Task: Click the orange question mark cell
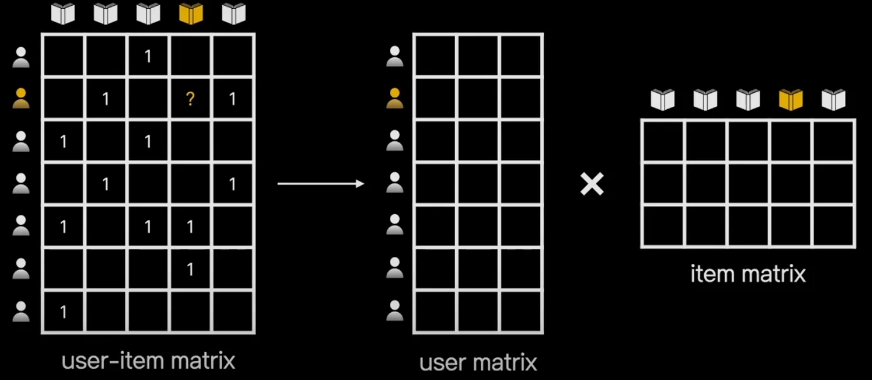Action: pyautogui.click(x=190, y=99)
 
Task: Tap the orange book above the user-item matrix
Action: pyautogui.click(x=190, y=14)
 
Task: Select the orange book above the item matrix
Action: pyautogui.click(x=790, y=99)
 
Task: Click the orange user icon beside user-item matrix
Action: pyautogui.click(x=21, y=99)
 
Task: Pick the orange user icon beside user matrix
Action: pyautogui.click(x=394, y=99)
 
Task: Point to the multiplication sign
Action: pyautogui.click(x=592, y=183)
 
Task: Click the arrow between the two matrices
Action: pyautogui.click(x=321, y=183)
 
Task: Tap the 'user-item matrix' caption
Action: pyautogui.click(x=148, y=361)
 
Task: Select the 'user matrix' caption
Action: pyautogui.click(x=478, y=362)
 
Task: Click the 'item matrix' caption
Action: pyautogui.click(x=748, y=274)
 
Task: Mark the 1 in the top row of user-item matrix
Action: pyautogui.click(x=148, y=57)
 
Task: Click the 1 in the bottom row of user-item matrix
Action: pyautogui.click(x=63, y=312)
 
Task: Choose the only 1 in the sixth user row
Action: pyautogui.click(x=190, y=269)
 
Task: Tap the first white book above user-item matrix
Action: pyautogui.click(x=63, y=14)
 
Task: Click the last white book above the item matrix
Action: pyautogui.click(x=833, y=99)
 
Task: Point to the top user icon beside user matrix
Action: pyautogui.click(x=394, y=57)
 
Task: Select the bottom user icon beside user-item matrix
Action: pyautogui.click(x=21, y=312)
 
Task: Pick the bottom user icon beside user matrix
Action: pyautogui.click(x=394, y=312)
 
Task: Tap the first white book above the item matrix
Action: pyautogui.click(x=662, y=99)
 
